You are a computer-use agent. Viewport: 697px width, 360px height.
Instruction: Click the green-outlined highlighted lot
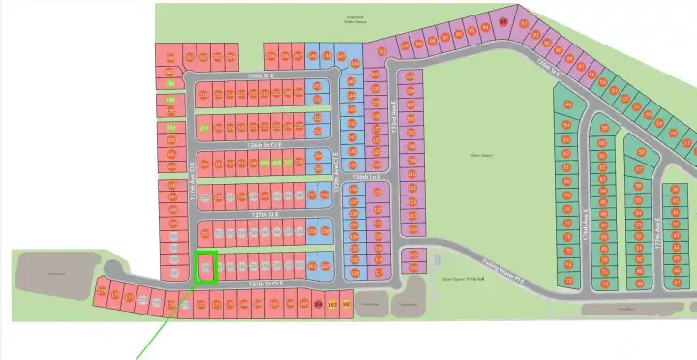(205, 266)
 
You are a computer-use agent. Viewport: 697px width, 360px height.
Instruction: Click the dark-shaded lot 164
(318, 305)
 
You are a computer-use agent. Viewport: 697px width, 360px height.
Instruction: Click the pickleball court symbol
(438, 259)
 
